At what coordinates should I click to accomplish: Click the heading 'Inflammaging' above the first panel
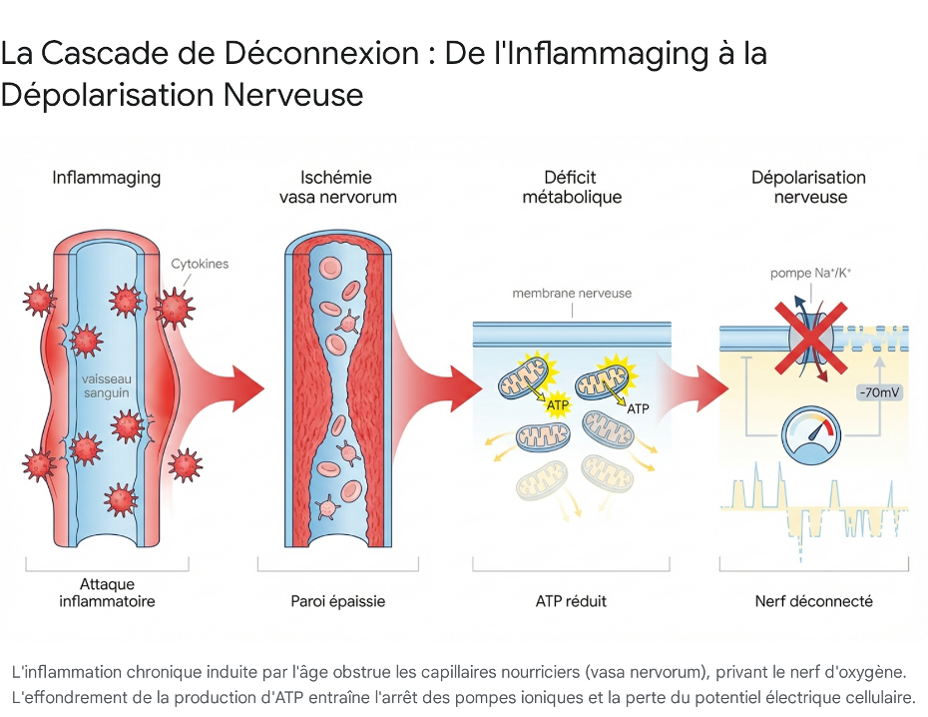(x=106, y=178)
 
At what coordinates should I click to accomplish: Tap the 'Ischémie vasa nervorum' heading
(x=337, y=187)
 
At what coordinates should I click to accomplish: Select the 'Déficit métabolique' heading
(x=572, y=187)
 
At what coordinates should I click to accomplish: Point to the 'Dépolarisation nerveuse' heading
(x=808, y=187)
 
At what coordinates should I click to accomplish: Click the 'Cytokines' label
(x=200, y=264)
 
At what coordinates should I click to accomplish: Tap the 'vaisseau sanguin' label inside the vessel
(x=106, y=385)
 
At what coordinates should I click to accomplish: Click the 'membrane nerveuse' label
(x=572, y=294)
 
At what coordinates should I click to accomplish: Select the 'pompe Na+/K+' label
(x=809, y=273)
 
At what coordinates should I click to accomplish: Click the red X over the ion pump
(x=809, y=336)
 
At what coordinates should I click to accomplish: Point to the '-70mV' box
(x=879, y=392)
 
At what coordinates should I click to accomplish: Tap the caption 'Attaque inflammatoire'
(x=107, y=592)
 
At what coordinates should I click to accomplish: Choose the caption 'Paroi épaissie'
(x=337, y=601)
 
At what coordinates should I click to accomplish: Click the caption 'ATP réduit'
(x=571, y=601)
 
